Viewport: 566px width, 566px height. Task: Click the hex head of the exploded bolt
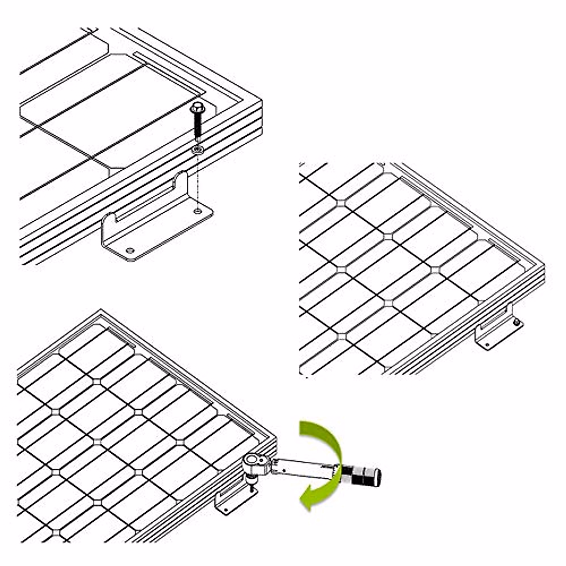[196, 108]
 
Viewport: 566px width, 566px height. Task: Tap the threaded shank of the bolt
[197, 127]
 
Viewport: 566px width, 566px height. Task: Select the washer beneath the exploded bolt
[197, 150]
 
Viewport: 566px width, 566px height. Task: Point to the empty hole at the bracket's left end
[130, 249]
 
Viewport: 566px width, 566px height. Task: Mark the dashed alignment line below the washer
[197, 179]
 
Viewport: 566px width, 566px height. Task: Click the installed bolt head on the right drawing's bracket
[517, 322]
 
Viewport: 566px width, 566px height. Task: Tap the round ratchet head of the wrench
[252, 461]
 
